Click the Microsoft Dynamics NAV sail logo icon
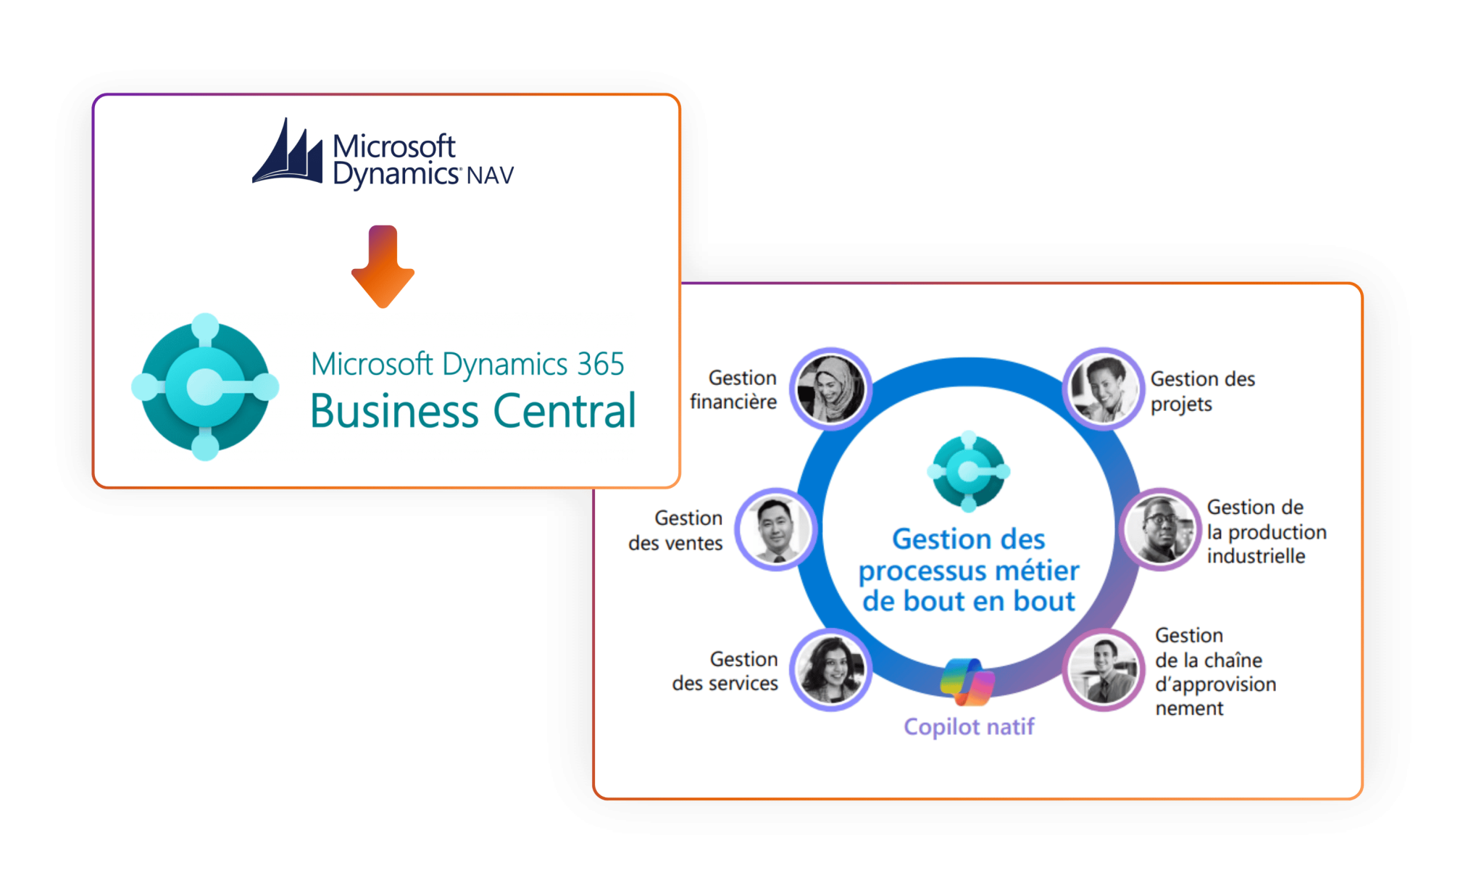coord(288,153)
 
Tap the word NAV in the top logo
coord(490,175)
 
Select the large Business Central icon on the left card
coord(205,387)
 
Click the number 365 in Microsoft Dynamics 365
coord(600,364)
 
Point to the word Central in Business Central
coord(564,411)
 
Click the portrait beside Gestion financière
coord(830,389)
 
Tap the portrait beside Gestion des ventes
coord(776,529)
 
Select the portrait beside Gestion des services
coord(830,669)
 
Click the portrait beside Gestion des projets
coord(1104,389)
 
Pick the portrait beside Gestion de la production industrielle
coord(1159,529)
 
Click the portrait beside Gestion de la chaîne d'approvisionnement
coord(1104,669)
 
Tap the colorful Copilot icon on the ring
coord(967,682)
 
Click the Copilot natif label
coord(969,726)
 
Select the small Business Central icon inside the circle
coord(969,471)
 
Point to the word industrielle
coord(1256,556)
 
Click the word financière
coord(733,402)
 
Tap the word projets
coord(1181,404)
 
